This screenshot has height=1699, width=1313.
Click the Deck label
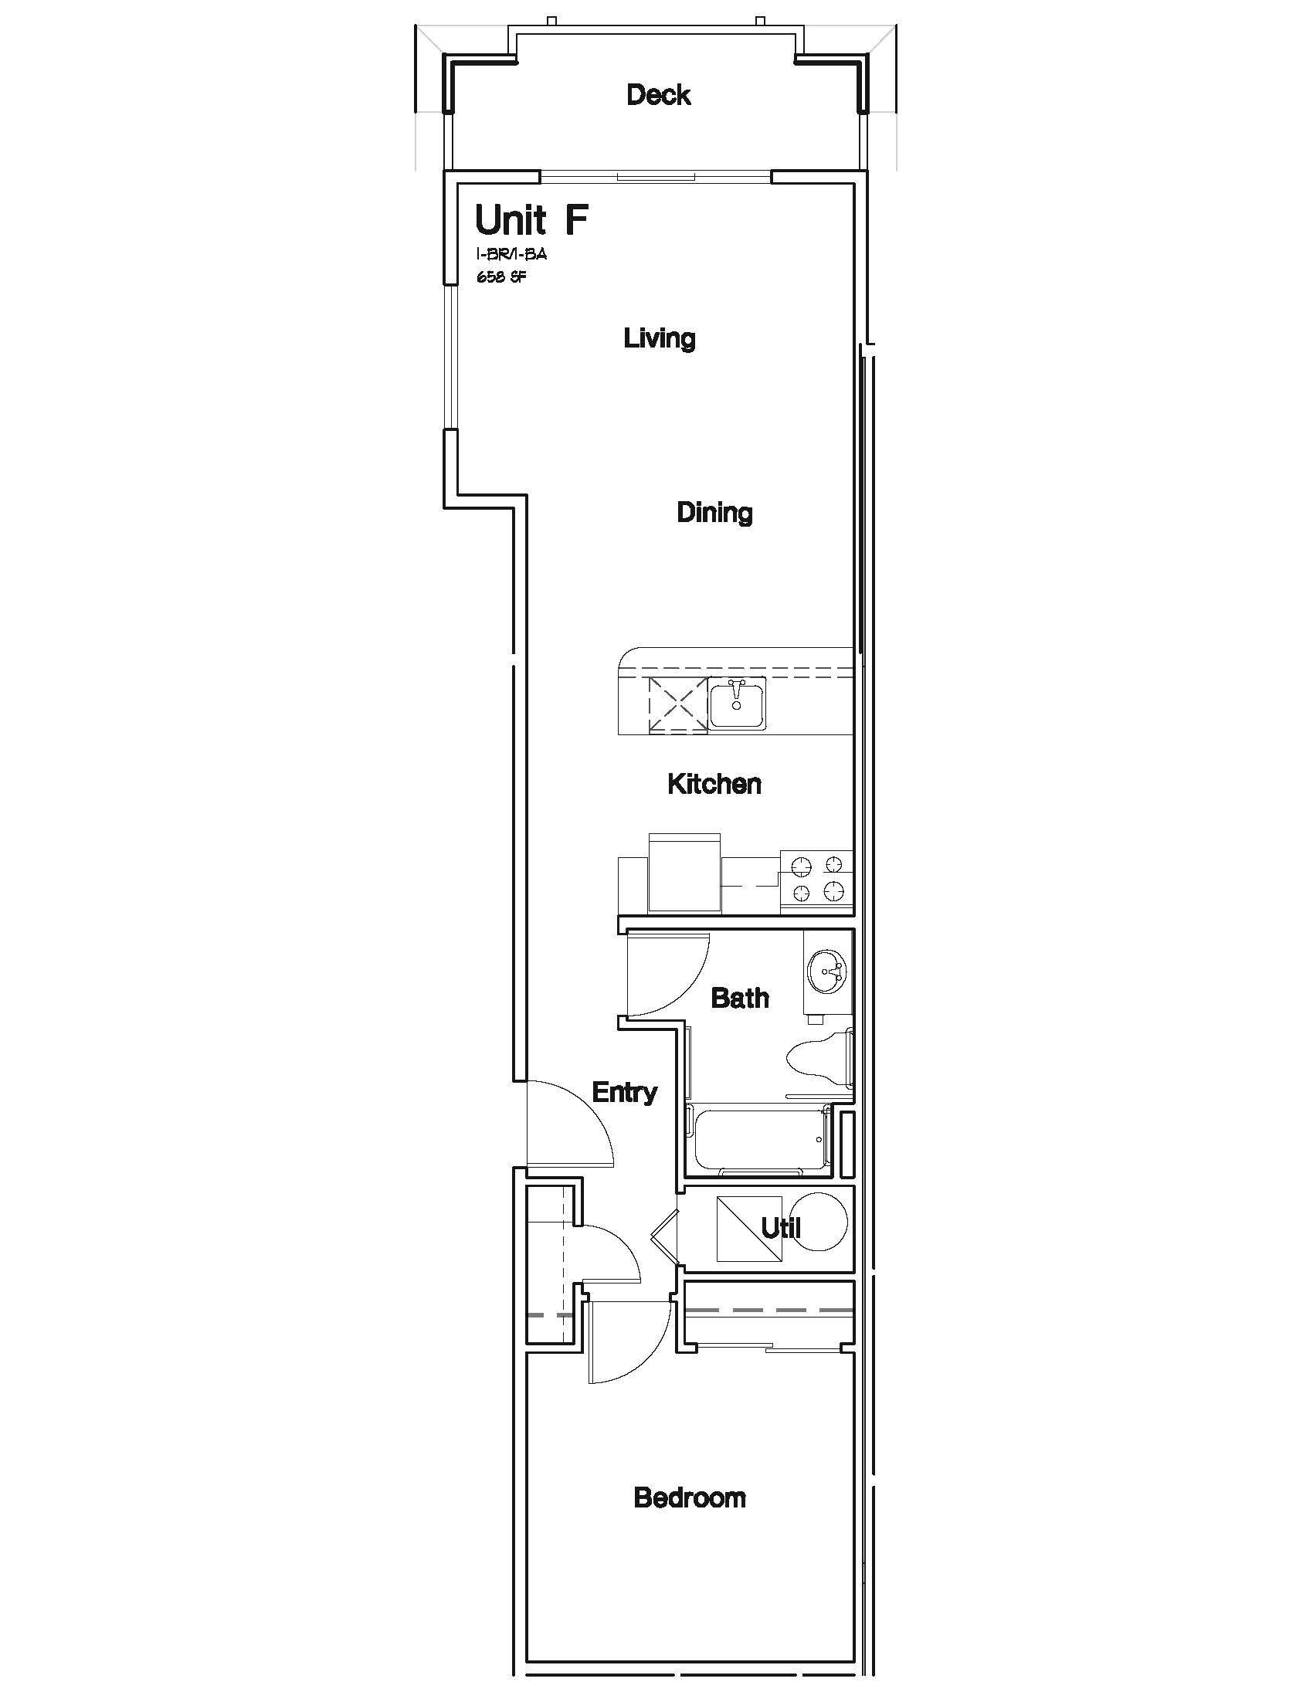[659, 95]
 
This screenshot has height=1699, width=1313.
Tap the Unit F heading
[531, 219]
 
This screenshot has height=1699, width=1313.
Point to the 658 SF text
[502, 276]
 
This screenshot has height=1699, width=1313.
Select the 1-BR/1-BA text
[512, 254]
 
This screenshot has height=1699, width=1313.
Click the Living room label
[660, 338]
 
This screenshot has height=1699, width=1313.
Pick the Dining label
[715, 513]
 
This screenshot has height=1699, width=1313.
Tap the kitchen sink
[737, 704]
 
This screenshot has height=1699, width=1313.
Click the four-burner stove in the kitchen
[816, 879]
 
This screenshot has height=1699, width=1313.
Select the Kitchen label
[714, 784]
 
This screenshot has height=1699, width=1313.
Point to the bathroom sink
[829, 972]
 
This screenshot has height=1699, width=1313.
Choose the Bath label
[740, 998]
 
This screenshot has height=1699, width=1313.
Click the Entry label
[625, 1093]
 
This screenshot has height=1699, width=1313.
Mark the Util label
[781, 1229]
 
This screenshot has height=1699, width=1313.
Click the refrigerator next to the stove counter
[684, 872]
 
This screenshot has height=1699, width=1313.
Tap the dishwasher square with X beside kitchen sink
[677, 705]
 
